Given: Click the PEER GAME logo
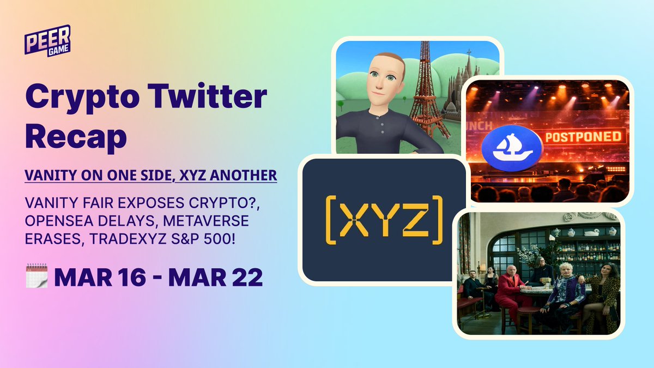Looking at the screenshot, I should (47, 39).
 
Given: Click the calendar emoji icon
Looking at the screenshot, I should (37, 276).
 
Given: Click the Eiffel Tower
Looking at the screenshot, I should (428, 93).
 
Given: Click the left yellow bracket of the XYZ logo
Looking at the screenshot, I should (330, 221).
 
